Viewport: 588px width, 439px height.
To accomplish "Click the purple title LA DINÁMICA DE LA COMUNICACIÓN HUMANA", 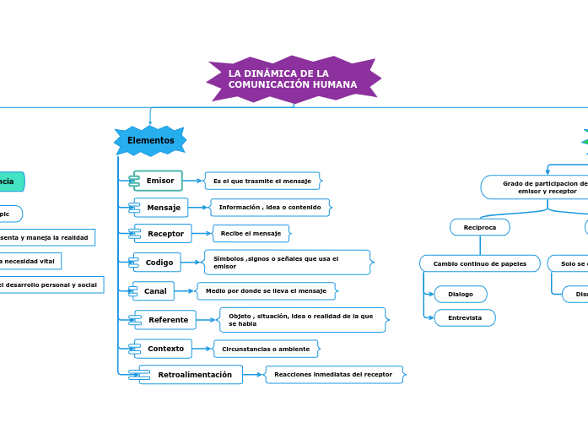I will point(293,79).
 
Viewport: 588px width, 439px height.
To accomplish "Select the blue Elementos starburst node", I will point(150,141).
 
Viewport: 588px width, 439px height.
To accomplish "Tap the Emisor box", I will point(159,181).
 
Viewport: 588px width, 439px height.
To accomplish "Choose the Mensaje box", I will point(163,208).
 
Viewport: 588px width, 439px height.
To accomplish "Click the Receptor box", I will point(165,234).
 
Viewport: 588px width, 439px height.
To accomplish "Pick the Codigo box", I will point(159,263).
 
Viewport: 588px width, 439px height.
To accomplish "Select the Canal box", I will point(154,291).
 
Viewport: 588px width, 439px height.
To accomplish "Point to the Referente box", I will point(167,320).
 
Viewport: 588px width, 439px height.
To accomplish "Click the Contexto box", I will point(165,349).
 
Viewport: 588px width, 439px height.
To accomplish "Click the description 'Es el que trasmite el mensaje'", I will point(262,181).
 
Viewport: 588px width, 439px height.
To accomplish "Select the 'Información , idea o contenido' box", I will point(270,208).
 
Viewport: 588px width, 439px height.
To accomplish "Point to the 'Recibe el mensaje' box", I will point(251,234).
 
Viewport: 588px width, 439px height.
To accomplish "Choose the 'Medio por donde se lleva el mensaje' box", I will point(266,291).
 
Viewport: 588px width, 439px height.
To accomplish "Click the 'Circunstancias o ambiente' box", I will point(266,349).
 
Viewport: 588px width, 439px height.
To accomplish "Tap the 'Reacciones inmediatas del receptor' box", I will point(333,375).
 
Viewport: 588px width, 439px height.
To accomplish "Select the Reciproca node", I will point(480,227).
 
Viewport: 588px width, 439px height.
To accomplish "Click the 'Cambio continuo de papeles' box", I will point(480,263).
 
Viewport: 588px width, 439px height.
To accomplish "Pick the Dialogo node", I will point(461,294).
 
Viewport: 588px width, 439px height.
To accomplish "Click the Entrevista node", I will point(465,317).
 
